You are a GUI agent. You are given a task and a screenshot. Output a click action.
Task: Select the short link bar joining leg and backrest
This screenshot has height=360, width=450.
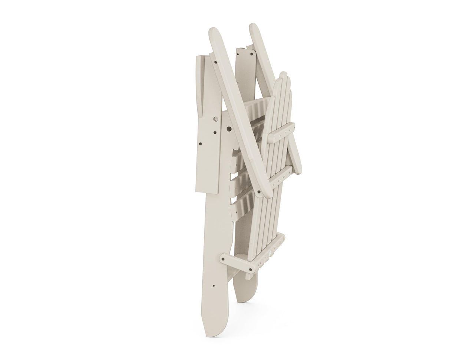coord(238,263)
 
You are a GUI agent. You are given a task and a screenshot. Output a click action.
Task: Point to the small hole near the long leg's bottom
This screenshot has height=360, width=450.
coord(213,286)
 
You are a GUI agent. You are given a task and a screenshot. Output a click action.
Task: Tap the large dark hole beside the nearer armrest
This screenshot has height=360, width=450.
coord(229,129)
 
